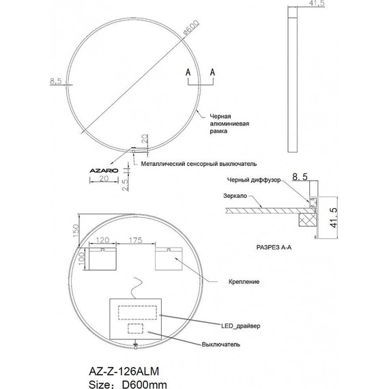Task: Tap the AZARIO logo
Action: pyautogui.click(x=104, y=171)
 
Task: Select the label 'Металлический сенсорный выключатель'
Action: pyautogui.click(x=199, y=164)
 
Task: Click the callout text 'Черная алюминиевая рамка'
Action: pyautogui.click(x=229, y=124)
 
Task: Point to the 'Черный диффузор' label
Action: pyautogui.click(x=254, y=180)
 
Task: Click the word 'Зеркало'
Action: pyautogui.click(x=235, y=196)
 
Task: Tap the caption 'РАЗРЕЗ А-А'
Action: pyautogui.click(x=274, y=247)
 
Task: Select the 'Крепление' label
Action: pyautogui.click(x=244, y=282)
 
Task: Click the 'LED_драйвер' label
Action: pyautogui.click(x=241, y=326)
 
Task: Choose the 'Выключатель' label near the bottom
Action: pyautogui.click(x=221, y=345)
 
